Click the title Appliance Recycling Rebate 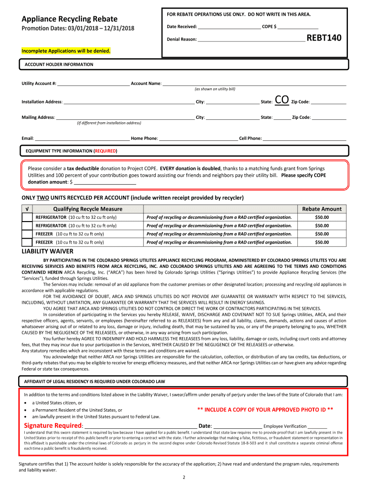[x=69, y=19]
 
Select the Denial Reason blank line [x=251, y=39]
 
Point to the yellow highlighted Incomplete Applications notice [x=66, y=51]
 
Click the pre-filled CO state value [x=282, y=100]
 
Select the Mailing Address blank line [x=126, y=117]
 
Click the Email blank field [x=82, y=138]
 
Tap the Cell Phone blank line [x=304, y=138]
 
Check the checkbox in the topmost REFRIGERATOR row [x=27, y=217]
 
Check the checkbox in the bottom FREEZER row [x=27, y=242]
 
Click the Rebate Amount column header [x=322, y=209]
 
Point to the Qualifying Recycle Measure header [x=87, y=209]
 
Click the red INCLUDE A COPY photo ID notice [x=265, y=410]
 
